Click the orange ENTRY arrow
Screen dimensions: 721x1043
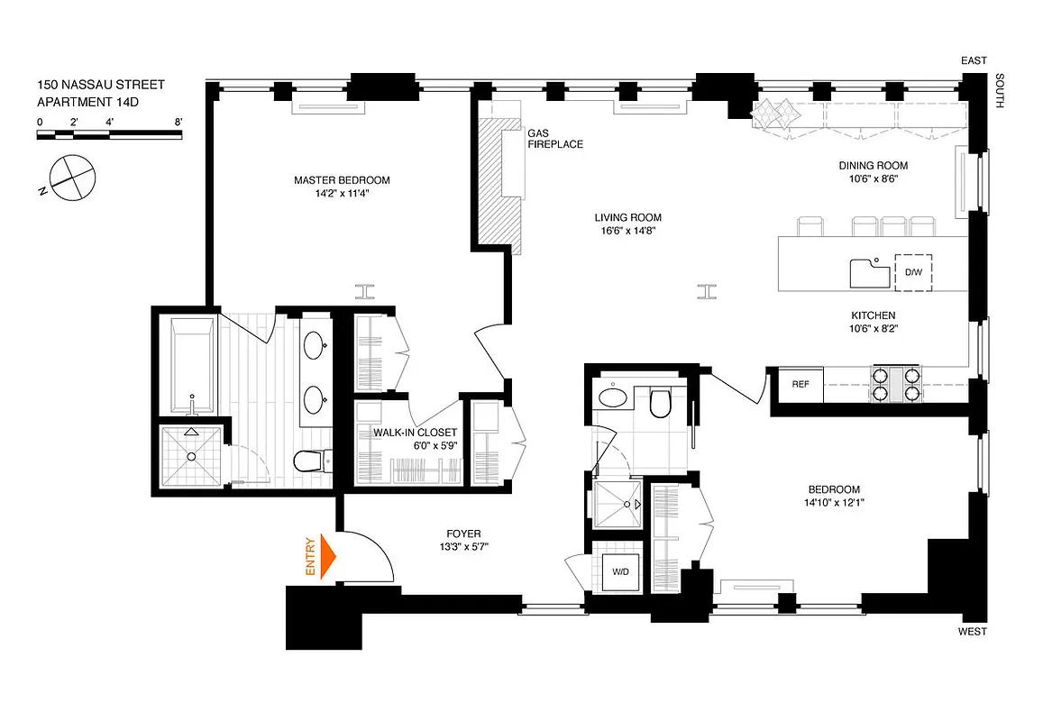pyautogui.click(x=326, y=557)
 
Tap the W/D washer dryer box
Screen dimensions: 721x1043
pyautogui.click(x=620, y=570)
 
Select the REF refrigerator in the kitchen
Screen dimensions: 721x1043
pyautogui.click(x=800, y=384)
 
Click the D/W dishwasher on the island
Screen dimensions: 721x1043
pyautogui.click(x=912, y=272)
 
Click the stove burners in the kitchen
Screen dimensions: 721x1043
pyautogui.click(x=895, y=384)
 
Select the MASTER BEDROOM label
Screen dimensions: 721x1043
pyautogui.click(x=342, y=180)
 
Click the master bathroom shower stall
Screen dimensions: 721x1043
pyautogui.click(x=190, y=456)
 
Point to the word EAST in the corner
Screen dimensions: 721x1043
pyautogui.click(x=974, y=60)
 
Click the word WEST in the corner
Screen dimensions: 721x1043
pyautogui.click(x=973, y=632)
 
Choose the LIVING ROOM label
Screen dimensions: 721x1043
pyautogui.click(x=627, y=217)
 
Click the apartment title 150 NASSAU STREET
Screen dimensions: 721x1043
pyautogui.click(x=101, y=85)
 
